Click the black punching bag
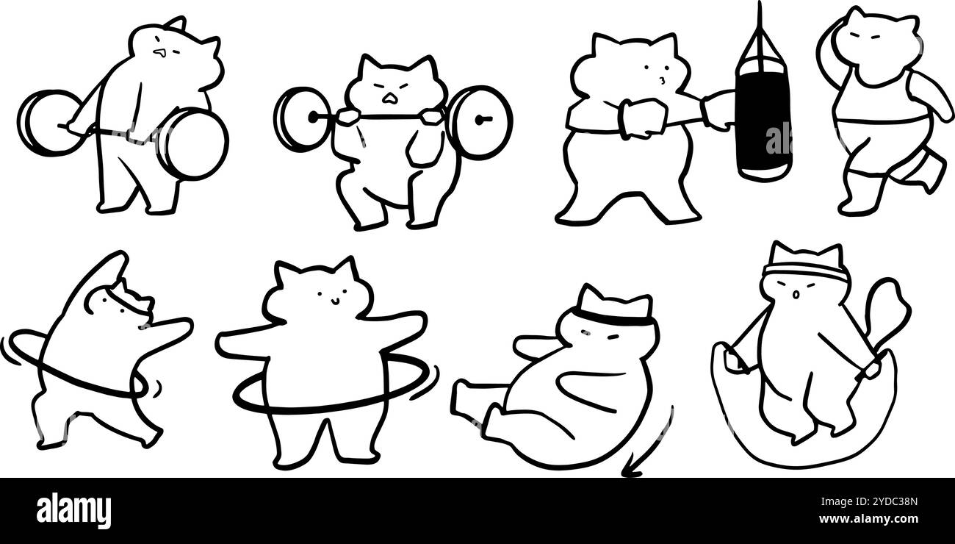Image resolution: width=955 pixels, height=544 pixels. [763, 125]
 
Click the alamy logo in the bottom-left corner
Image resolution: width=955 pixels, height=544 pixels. [73, 511]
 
